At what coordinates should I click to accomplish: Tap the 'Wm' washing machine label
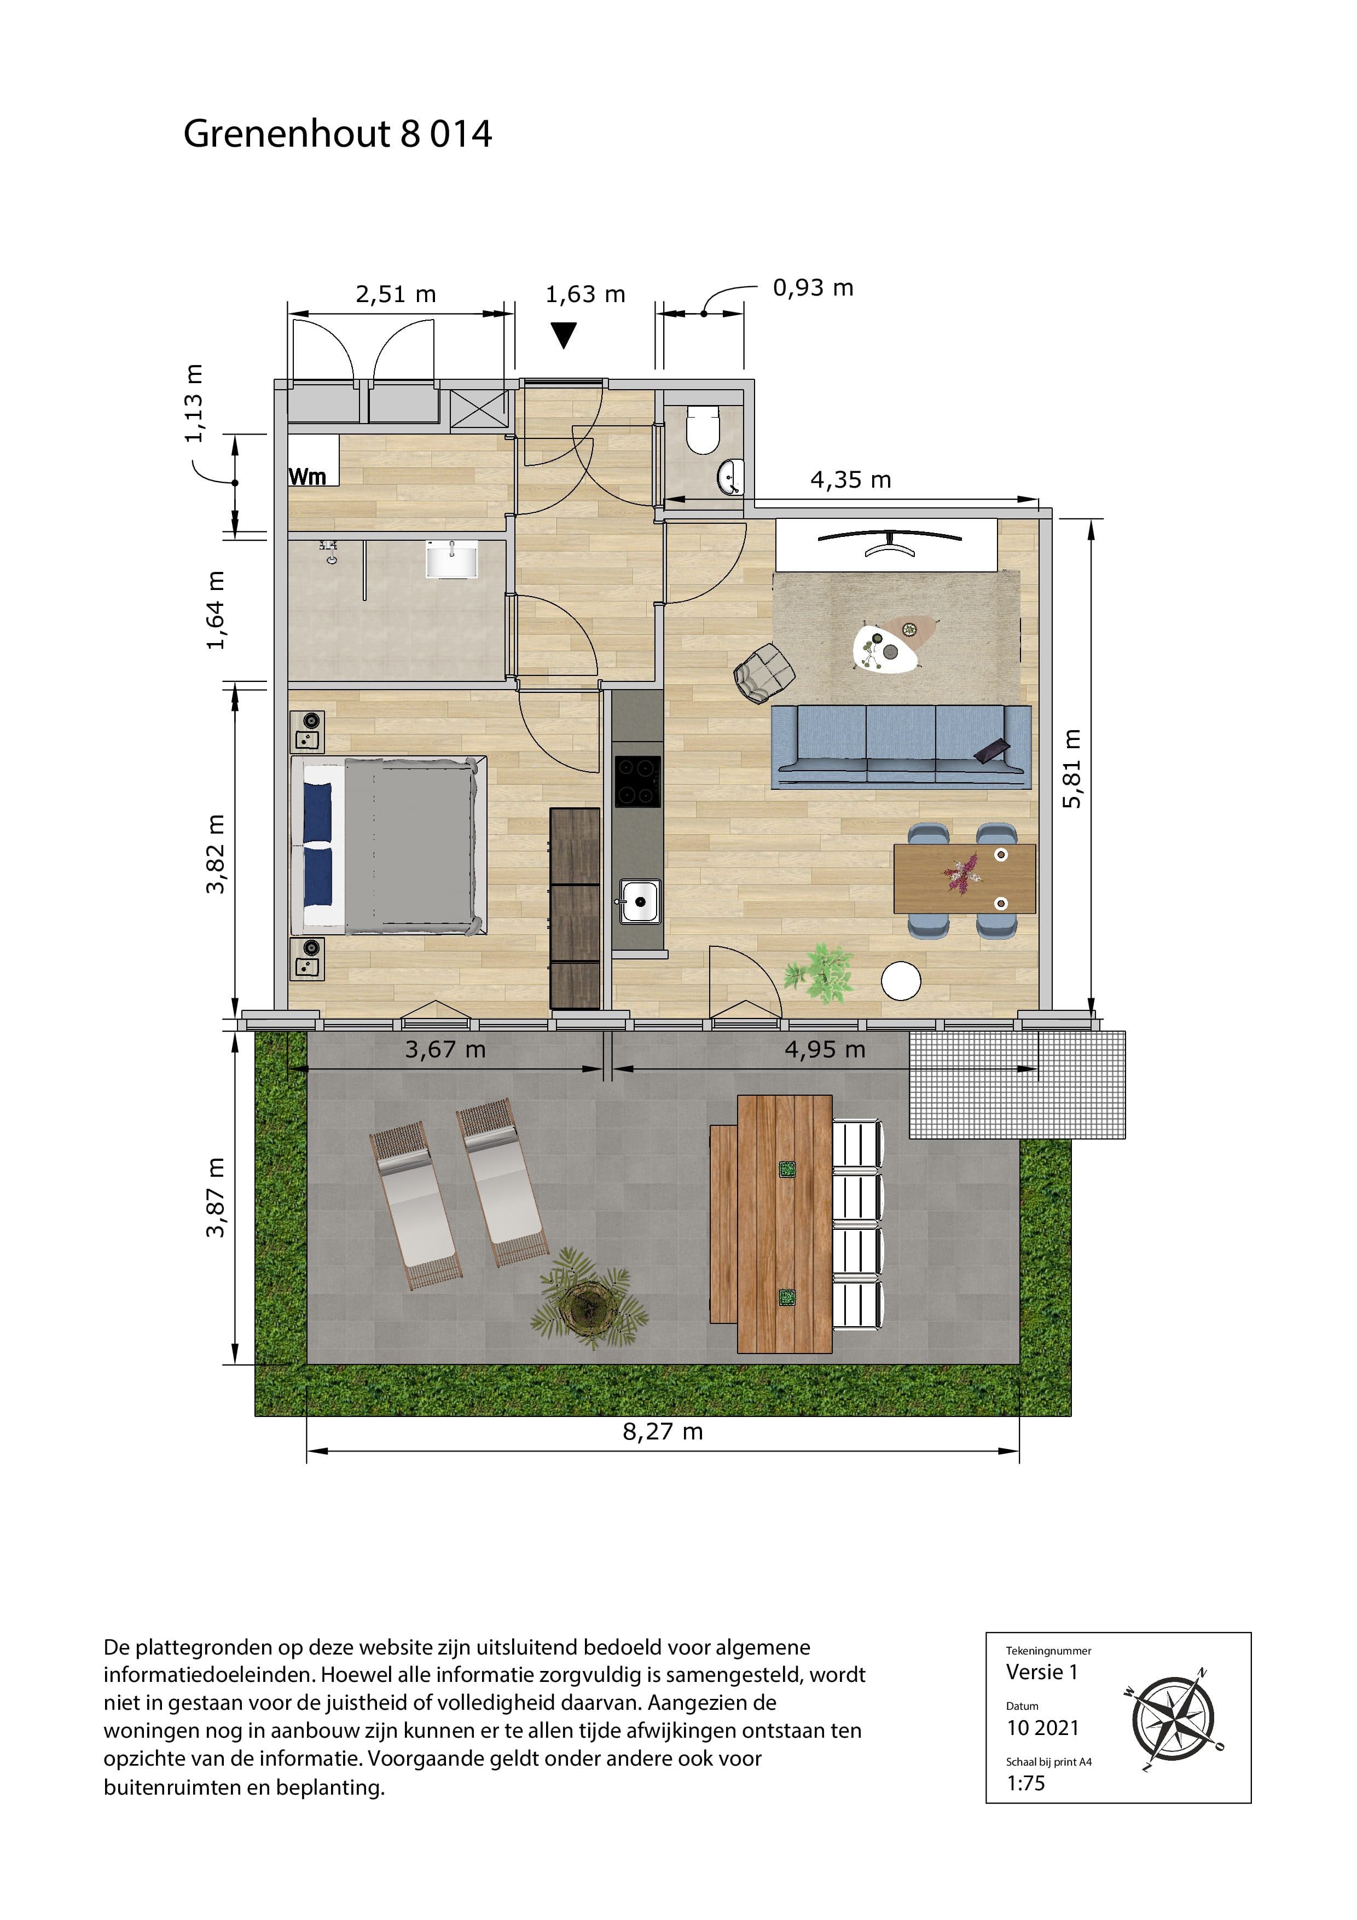click(307, 477)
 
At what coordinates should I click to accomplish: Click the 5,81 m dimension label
click(1072, 768)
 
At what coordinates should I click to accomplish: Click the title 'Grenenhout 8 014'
click(338, 134)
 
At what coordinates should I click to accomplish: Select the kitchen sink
click(640, 901)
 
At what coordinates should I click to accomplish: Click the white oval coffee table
click(885, 648)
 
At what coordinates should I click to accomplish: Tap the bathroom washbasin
click(451, 559)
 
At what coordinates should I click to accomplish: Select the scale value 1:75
click(1026, 1783)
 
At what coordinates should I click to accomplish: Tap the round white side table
click(901, 980)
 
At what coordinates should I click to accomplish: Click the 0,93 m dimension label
click(813, 288)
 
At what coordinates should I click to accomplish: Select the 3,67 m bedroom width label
click(445, 1049)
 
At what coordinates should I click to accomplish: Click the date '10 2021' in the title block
click(1042, 1728)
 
